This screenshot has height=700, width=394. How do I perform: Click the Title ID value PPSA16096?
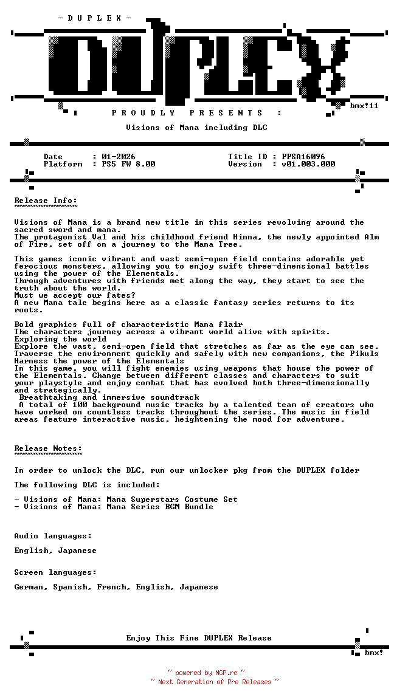(x=303, y=157)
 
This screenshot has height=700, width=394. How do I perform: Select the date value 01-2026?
(x=119, y=157)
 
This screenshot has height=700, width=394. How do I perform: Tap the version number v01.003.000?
(x=308, y=164)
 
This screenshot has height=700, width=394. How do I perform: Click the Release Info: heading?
(x=46, y=201)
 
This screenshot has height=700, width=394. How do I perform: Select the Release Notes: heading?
(x=49, y=448)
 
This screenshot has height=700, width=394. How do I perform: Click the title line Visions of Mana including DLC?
(x=196, y=128)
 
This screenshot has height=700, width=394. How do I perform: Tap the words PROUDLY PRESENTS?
(x=187, y=113)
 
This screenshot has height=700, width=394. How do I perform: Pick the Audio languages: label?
(x=54, y=536)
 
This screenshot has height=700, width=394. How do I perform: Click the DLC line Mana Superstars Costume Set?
(x=172, y=499)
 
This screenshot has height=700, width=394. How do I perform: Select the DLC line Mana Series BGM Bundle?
(x=160, y=507)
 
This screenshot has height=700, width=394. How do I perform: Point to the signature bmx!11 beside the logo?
(x=364, y=106)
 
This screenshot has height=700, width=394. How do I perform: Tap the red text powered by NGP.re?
(x=206, y=673)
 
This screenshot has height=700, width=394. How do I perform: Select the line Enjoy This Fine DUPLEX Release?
(x=199, y=638)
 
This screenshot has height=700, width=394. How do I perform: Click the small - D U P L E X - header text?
(x=95, y=18)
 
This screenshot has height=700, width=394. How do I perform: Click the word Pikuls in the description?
(x=364, y=354)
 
